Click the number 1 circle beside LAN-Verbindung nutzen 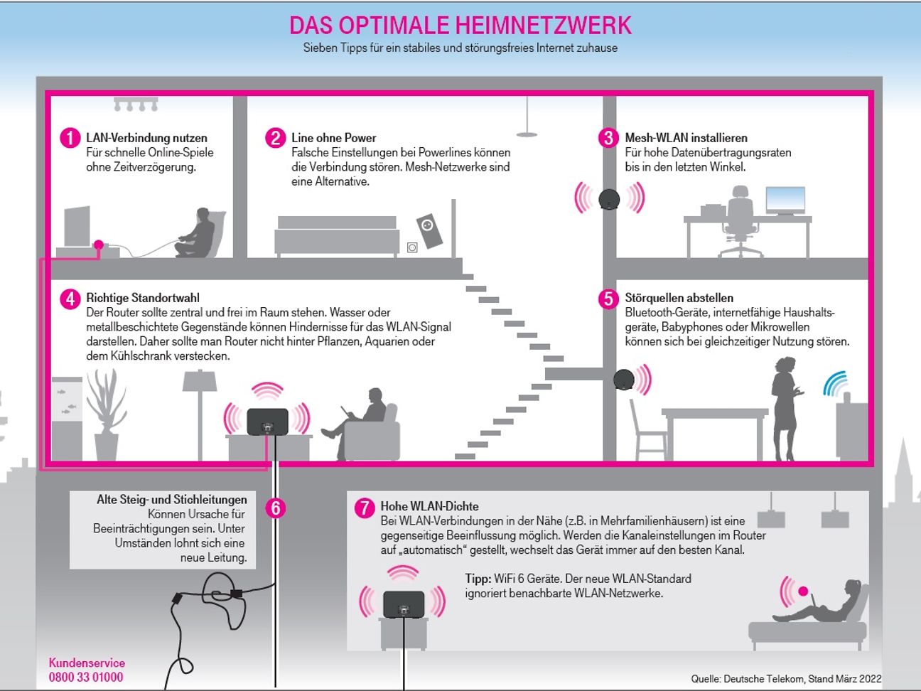[70, 137]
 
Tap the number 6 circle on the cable [275, 508]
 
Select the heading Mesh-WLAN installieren [686, 138]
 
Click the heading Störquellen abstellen [679, 298]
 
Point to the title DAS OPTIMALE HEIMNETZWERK [460, 26]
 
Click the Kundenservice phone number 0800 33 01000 [85, 677]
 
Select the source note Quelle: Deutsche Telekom [786, 678]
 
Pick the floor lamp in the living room [200, 412]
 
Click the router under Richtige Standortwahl [267, 422]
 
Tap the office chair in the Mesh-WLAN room [740, 220]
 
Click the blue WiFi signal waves [836, 382]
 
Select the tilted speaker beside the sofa [429, 230]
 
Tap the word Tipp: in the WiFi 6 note [478, 579]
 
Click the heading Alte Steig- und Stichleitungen [171, 500]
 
